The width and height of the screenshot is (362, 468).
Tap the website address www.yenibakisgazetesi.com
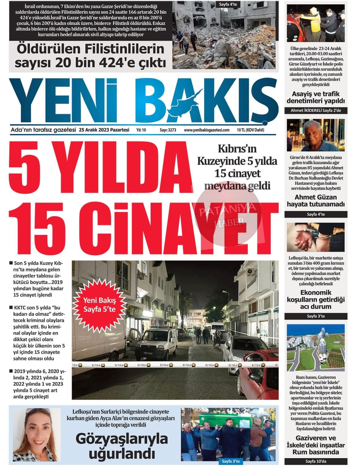(x=206, y=130)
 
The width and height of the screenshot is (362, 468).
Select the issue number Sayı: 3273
(x=168, y=130)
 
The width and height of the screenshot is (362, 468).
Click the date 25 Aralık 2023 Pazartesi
(x=104, y=130)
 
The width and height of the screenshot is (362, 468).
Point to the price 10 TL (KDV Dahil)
(x=250, y=130)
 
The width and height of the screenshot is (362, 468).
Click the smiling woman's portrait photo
(x=36, y=435)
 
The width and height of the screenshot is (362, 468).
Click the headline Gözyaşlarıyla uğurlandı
(x=122, y=446)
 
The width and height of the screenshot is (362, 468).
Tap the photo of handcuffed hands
(x=316, y=237)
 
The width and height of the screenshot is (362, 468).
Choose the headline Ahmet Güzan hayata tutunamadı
(x=316, y=200)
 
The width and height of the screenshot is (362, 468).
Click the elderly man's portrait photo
(x=316, y=135)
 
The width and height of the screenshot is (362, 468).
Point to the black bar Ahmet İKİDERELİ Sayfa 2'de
(x=316, y=110)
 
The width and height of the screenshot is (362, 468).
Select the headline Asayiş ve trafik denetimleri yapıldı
(x=316, y=97)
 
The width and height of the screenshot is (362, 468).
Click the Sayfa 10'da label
(x=316, y=462)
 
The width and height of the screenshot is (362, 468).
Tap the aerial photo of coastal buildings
(x=316, y=347)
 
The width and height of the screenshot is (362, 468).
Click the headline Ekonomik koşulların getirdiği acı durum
(x=316, y=299)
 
